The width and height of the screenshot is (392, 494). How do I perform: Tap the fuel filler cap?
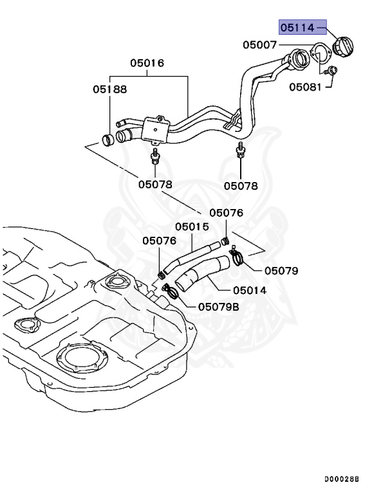tap(342, 49)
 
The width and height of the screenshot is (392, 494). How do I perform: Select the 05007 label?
tap(260, 45)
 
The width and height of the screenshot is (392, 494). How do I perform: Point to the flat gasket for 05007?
tap(319, 53)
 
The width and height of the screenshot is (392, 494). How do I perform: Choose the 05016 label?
tap(147, 63)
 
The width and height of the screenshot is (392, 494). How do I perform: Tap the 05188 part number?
tap(109, 90)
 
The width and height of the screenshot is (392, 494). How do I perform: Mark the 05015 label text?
tap(192, 226)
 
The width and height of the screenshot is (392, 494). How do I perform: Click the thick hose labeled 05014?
tap(203, 273)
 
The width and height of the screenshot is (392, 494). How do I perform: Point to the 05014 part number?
tap(249, 290)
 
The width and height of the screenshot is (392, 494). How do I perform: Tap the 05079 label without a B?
tap(281, 271)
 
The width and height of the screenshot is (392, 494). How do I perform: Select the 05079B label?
tap(218, 307)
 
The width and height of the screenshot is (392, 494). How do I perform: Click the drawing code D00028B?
tap(341, 480)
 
